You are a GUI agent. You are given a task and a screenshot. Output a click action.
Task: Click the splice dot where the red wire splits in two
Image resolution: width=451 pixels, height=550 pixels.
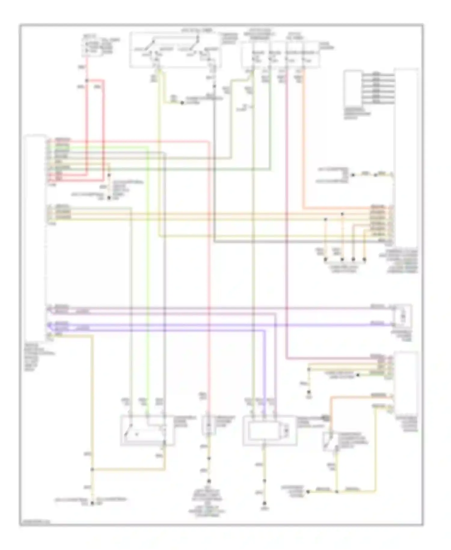[x=87, y=81]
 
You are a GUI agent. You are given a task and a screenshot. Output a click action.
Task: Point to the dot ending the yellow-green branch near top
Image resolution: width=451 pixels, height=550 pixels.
[x=182, y=103]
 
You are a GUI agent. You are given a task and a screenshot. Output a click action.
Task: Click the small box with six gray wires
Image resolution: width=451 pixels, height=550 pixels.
[x=354, y=87]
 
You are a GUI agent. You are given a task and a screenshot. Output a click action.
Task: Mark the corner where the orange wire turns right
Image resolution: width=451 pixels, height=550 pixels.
[x=304, y=208]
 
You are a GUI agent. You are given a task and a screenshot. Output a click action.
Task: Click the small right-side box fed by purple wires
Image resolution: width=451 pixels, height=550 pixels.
[x=403, y=316]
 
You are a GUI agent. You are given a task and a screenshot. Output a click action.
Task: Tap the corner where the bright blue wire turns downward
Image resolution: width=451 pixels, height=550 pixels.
[x=265, y=330]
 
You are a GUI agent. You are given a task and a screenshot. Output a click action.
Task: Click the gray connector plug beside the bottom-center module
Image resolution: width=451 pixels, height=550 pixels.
[x=326, y=418]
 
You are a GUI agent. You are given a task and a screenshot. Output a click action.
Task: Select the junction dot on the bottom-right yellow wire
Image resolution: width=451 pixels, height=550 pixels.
[x=337, y=492]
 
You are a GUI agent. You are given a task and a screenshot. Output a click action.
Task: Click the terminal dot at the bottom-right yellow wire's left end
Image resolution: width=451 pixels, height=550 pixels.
[x=308, y=492]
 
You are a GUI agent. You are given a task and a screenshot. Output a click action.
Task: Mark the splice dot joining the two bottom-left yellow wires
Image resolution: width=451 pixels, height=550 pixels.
[x=92, y=469]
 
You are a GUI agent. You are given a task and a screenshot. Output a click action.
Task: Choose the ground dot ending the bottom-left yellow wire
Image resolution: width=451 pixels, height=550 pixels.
[x=92, y=503]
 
